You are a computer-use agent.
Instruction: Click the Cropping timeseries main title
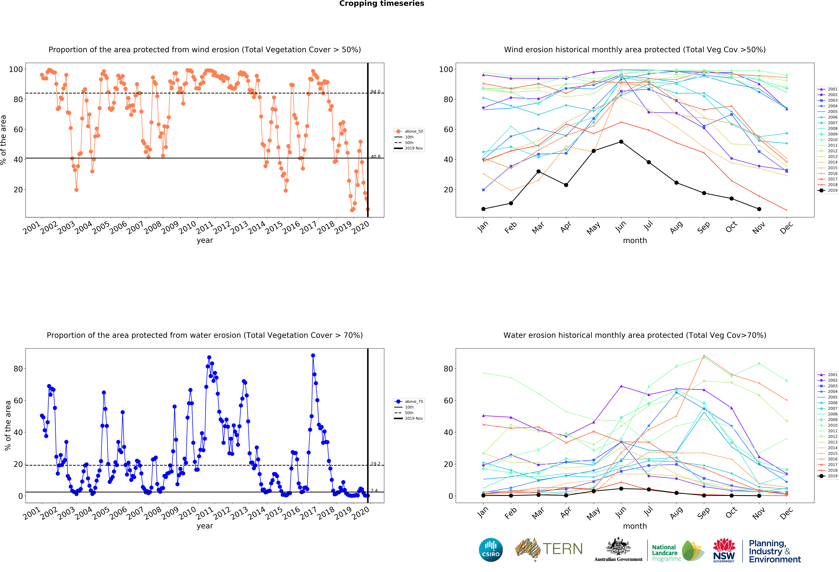click(382, 4)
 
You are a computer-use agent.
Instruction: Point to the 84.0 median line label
click(375, 92)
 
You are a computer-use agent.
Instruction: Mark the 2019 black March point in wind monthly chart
click(538, 172)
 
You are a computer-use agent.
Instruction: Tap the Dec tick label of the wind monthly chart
click(786, 227)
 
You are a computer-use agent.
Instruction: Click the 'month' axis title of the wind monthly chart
click(635, 240)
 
